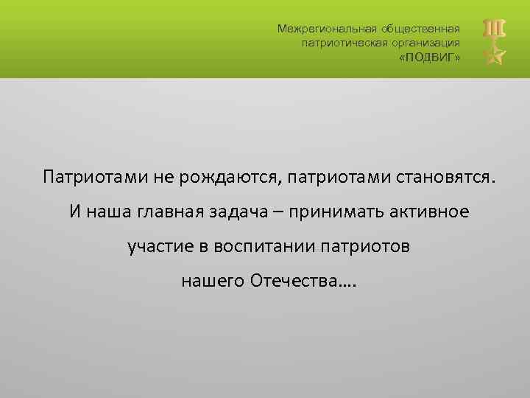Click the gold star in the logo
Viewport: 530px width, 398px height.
[x=494, y=54]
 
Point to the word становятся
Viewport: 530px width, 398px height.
[x=447, y=178]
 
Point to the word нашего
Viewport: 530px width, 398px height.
[x=213, y=282]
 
